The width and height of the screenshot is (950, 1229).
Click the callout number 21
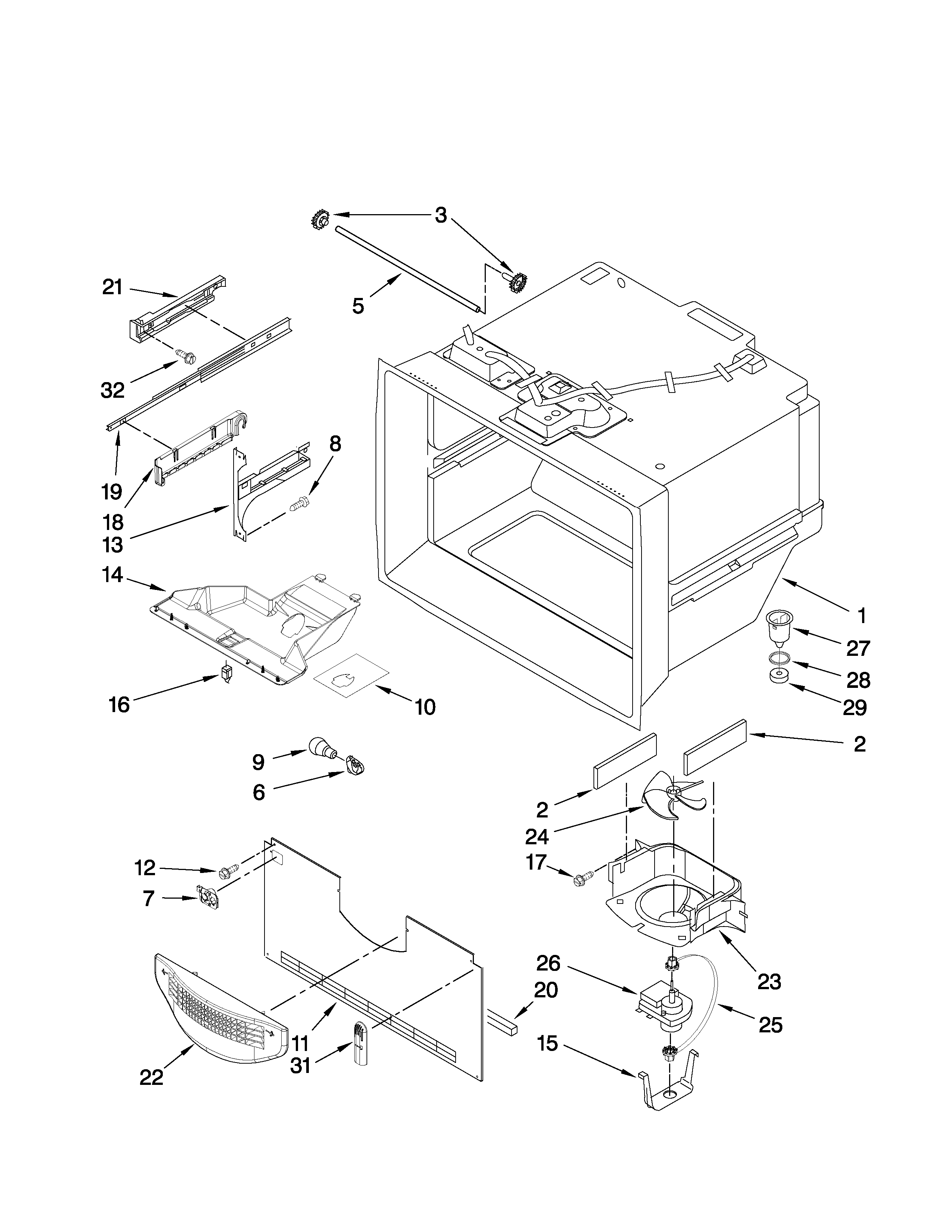click(x=113, y=287)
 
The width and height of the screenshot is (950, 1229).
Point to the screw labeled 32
click(x=186, y=356)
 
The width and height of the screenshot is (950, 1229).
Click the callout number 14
click(x=113, y=575)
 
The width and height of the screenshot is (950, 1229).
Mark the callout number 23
click(x=769, y=981)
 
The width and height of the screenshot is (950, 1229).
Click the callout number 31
click(x=300, y=1065)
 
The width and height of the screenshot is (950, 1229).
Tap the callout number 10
click(x=425, y=707)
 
